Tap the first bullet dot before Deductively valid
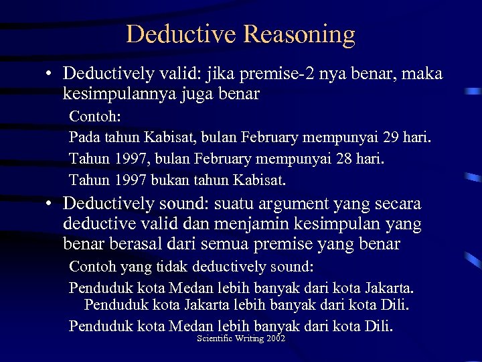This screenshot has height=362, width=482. tap(51, 74)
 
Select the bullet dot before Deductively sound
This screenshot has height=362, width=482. tap(51, 204)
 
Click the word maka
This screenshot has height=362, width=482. tap(421, 74)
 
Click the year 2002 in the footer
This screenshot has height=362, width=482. tap(276, 339)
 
